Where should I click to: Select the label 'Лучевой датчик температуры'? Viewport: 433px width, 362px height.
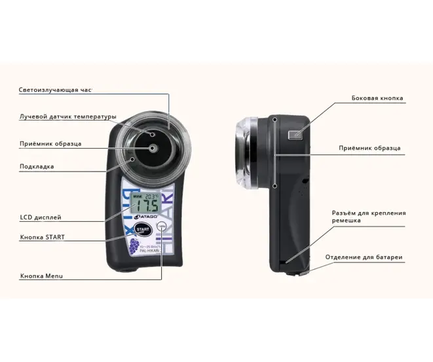tap(67, 117)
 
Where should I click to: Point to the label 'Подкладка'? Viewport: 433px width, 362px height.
tap(37, 167)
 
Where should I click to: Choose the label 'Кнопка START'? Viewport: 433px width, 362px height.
tap(43, 236)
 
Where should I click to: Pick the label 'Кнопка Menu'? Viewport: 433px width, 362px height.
tap(41, 276)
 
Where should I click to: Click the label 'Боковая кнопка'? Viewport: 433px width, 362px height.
tap(377, 99)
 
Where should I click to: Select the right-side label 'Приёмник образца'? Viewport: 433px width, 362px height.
tap(369, 149)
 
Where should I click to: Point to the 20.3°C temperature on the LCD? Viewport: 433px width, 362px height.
tap(152, 195)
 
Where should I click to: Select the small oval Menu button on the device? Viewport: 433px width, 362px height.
tap(162, 226)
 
